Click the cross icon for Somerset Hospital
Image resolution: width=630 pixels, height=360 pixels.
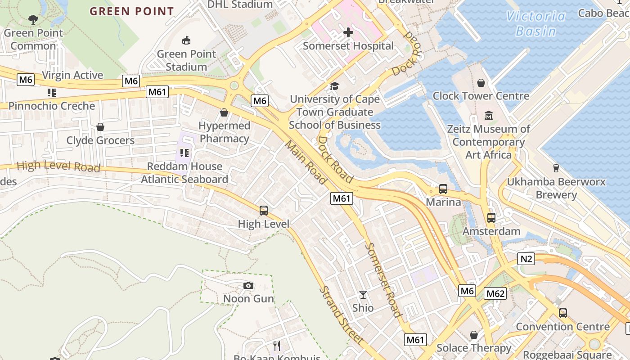(x=348, y=32)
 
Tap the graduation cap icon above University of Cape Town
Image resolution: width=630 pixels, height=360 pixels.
(x=334, y=86)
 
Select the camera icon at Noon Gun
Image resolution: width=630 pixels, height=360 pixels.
(x=248, y=286)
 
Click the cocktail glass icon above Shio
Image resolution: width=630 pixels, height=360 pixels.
(x=363, y=295)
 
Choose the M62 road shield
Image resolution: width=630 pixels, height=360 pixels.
(x=495, y=294)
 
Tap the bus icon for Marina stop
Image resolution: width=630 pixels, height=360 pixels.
(x=443, y=189)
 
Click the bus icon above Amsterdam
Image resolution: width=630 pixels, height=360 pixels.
(x=491, y=218)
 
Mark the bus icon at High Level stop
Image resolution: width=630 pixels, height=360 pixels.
(x=264, y=211)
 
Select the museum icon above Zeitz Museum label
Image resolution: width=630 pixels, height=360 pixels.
(x=489, y=116)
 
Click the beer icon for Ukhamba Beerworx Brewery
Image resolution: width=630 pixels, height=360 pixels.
(x=556, y=168)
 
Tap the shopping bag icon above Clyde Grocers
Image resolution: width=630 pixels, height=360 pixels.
(x=100, y=127)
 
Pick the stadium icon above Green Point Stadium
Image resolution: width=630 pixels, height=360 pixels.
(x=186, y=41)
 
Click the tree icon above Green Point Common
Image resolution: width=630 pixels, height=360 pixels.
(x=33, y=19)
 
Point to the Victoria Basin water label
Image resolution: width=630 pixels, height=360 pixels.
(x=535, y=24)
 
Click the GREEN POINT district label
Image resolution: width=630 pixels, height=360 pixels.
(x=132, y=11)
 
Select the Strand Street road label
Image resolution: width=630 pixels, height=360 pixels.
(x=342, y=315)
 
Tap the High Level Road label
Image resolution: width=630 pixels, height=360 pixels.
(x=58, y=166)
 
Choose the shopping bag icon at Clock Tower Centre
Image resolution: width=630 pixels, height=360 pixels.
(x=481, y=83)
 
